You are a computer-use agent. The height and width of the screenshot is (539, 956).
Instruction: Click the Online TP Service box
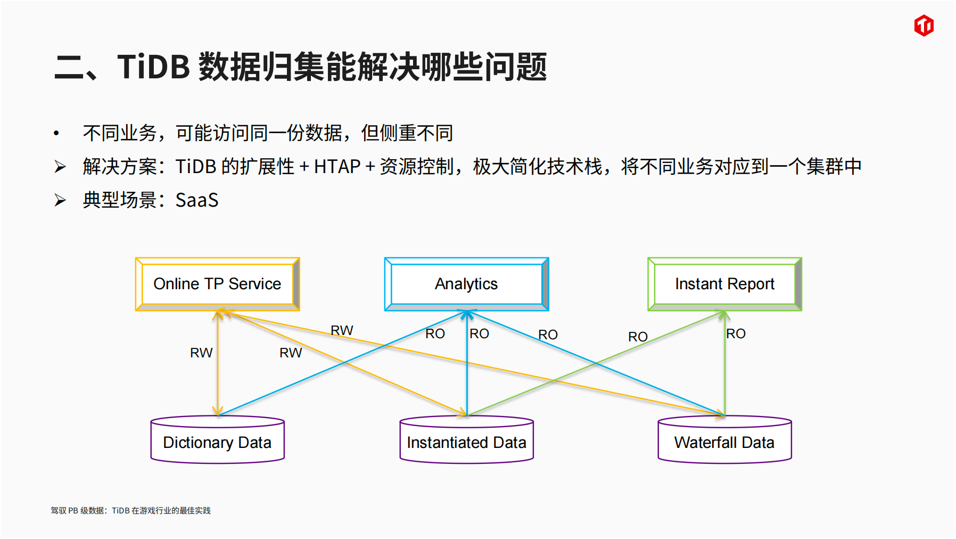(x=217, y=284)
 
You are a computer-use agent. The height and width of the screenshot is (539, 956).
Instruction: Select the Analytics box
(x=466, y=284)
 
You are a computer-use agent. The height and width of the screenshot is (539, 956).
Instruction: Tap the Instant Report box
(x=724, y=284)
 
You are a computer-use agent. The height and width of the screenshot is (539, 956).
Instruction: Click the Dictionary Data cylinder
(x=217, y=442)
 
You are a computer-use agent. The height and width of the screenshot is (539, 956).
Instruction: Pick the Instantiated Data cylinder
(x=466, y=442)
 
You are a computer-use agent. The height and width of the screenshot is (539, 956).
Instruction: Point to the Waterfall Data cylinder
(x=724, y=442)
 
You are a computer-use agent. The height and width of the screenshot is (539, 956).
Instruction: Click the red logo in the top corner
(x=924, y=26)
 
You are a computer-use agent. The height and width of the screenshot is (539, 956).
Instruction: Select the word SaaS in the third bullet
(x=197, y=200)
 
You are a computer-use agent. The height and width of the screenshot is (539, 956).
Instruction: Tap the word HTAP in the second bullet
(x=337, y=167)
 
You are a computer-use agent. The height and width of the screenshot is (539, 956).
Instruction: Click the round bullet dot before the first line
(x=56, y=133)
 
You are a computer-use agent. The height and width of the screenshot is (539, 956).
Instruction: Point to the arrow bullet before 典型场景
(x=60, y=200)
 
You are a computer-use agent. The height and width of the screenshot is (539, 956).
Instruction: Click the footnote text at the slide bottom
(x=130, y=510)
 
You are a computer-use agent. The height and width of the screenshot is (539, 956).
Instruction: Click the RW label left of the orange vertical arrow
(x=201, y=353)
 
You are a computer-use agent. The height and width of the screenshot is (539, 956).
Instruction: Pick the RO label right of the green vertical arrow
(x=736, y=334)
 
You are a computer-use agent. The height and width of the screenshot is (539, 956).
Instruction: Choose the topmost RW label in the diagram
(x=342, y=330)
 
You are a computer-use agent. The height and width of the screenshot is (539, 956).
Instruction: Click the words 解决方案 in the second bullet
(x=120, y=167)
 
